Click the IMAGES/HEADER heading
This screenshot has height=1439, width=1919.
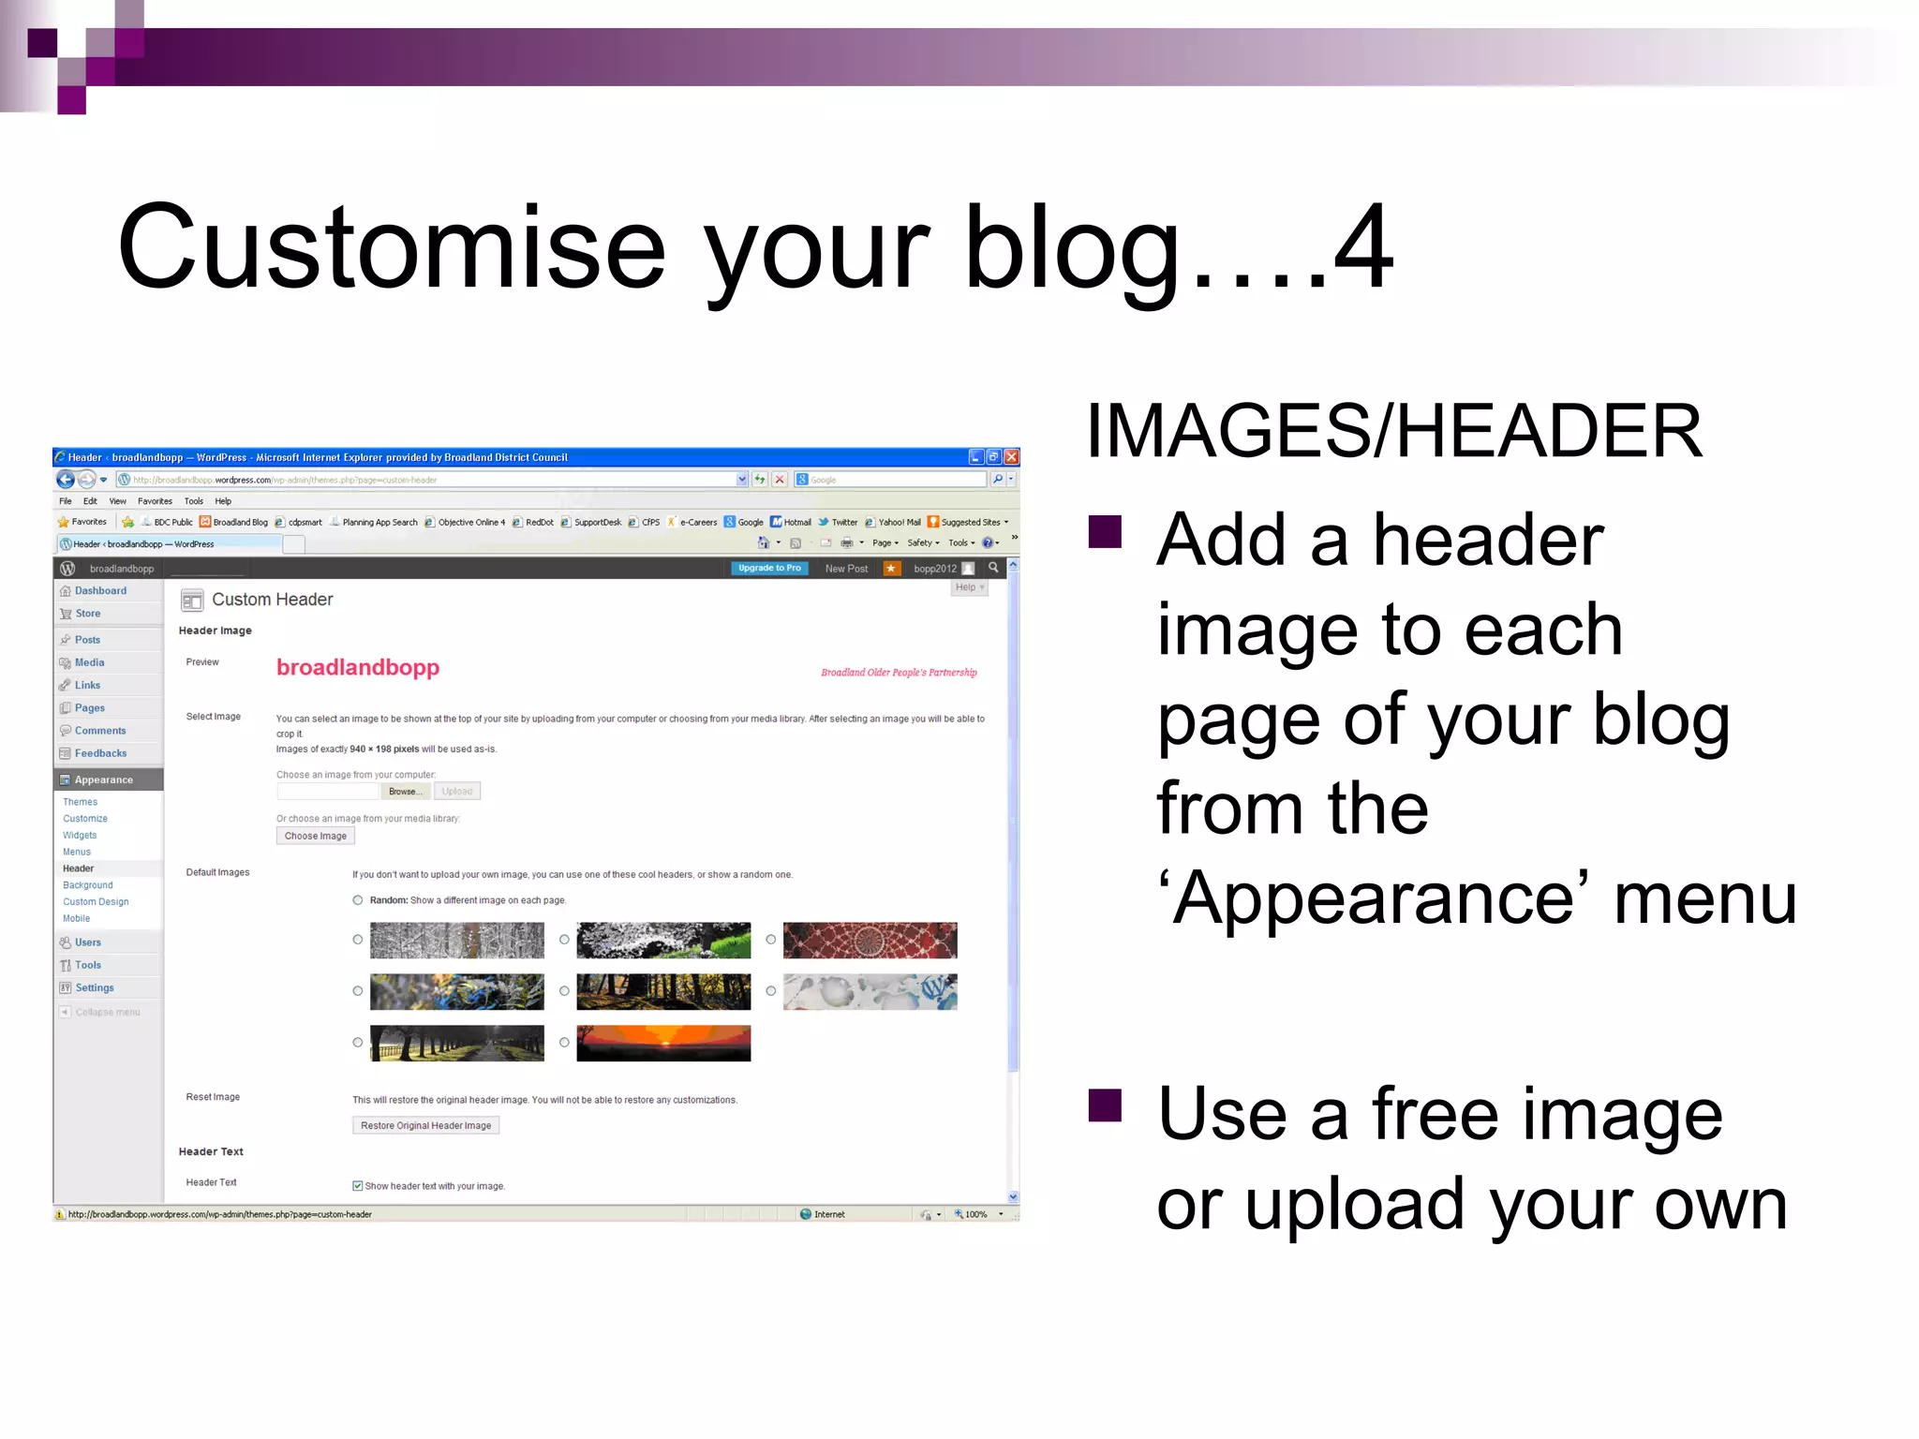tap(1393, 431)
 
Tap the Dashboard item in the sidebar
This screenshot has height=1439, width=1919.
tap(100, 591)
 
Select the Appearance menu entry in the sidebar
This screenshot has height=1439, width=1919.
tap(103, 779)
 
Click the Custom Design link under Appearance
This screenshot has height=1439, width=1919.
tap(96, 902)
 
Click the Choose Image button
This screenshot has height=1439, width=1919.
tap(315, 836)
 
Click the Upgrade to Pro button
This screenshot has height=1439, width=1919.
tap(768, 569)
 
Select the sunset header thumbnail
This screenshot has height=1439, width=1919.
tap(663, 1043)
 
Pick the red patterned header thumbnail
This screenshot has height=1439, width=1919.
tap(870, 940)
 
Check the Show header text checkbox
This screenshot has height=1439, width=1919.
tap(358, 1186)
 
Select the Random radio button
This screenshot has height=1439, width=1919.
tap(358, 900)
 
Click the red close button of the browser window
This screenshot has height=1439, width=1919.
tap(1011, 457)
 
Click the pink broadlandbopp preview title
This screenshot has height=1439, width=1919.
tap(358, 667)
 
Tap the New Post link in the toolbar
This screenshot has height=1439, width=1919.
tap(846, 569)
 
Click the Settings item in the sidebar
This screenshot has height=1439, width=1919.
tap(94, 988)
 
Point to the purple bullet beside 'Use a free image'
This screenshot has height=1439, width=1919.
tap(1105, 1105)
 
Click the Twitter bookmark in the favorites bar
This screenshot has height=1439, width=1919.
tap(843, 523)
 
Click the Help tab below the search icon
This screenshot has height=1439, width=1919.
tap(968, 587)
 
